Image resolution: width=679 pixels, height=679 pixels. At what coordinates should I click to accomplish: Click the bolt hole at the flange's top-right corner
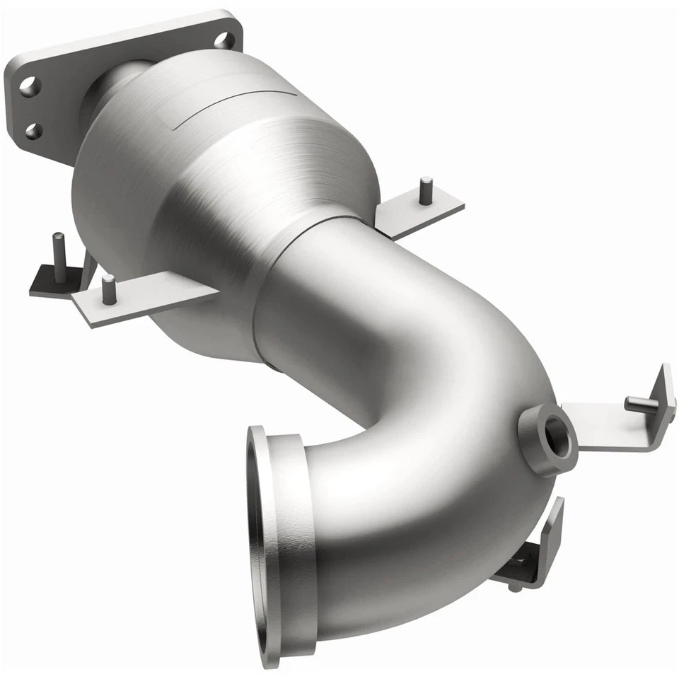[x=224, y=40]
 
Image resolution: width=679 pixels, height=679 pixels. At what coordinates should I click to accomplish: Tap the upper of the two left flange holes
[x=29, y=87]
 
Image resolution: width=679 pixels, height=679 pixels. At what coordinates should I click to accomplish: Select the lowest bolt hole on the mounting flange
[x=33, y=131]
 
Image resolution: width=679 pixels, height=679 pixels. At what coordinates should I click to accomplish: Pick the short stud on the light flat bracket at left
[x=108, y=289]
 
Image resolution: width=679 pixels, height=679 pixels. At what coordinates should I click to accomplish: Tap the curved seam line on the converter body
[x=233, y=107]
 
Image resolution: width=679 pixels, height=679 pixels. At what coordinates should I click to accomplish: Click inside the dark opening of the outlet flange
[x=254, y=545]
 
